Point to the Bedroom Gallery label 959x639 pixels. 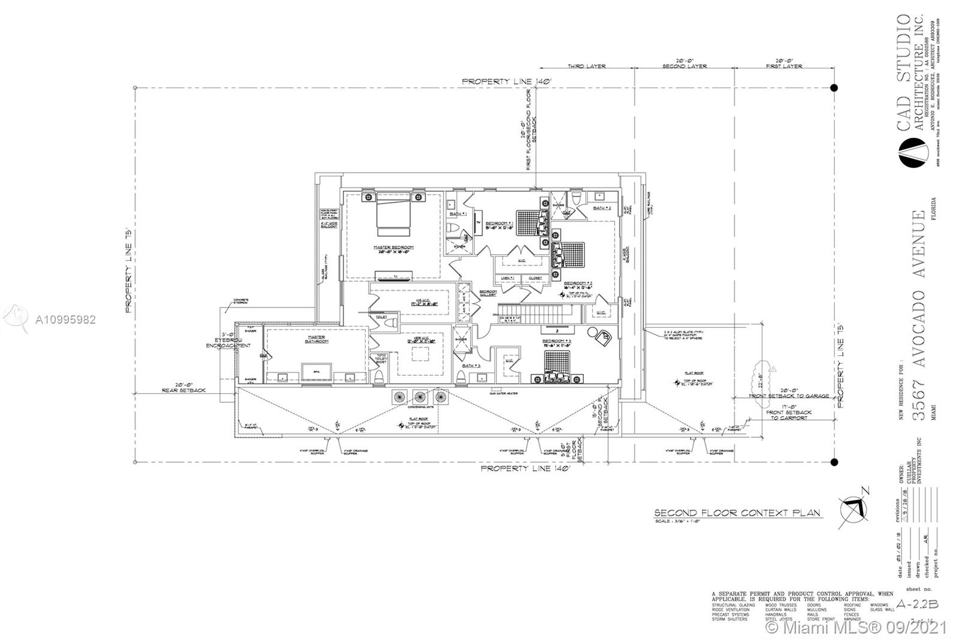coord(488,293)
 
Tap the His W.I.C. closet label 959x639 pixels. coord(412,303)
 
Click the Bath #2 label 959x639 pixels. coord(602,208)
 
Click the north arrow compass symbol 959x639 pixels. coord(854,508)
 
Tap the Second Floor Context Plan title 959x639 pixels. coord(737,514)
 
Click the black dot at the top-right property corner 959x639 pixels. coord(833,88)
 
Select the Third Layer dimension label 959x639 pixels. coord(587,66)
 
